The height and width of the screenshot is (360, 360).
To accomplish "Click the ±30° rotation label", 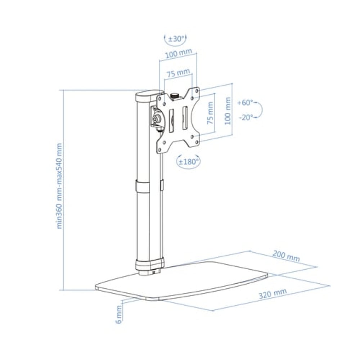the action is (176, 39).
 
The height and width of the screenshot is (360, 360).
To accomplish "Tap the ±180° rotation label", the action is (189, 162).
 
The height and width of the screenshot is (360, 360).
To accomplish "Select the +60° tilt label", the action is (245, 103).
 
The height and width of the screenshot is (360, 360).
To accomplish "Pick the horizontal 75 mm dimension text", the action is (178, 73).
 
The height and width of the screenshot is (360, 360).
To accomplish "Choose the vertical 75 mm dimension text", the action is (210, 113).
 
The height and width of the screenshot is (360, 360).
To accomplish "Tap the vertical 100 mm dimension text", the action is (228, 111).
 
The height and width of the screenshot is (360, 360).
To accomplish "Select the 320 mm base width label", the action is (273, 293).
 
